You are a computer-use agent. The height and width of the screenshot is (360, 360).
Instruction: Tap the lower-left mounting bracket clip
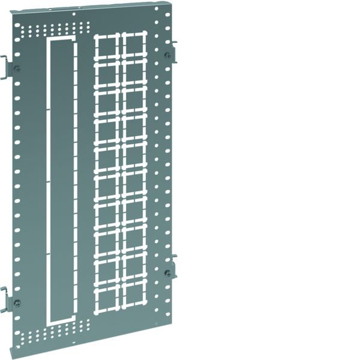[x=5, y=299]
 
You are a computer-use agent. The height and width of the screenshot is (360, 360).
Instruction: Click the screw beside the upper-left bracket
[x=17, y=68]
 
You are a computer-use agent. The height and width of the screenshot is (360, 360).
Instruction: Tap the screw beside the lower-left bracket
[x=17, y=302]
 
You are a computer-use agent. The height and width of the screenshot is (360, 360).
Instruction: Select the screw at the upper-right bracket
[x=167, y=55]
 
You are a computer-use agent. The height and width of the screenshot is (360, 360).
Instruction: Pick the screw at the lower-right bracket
[x=167, y=273]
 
